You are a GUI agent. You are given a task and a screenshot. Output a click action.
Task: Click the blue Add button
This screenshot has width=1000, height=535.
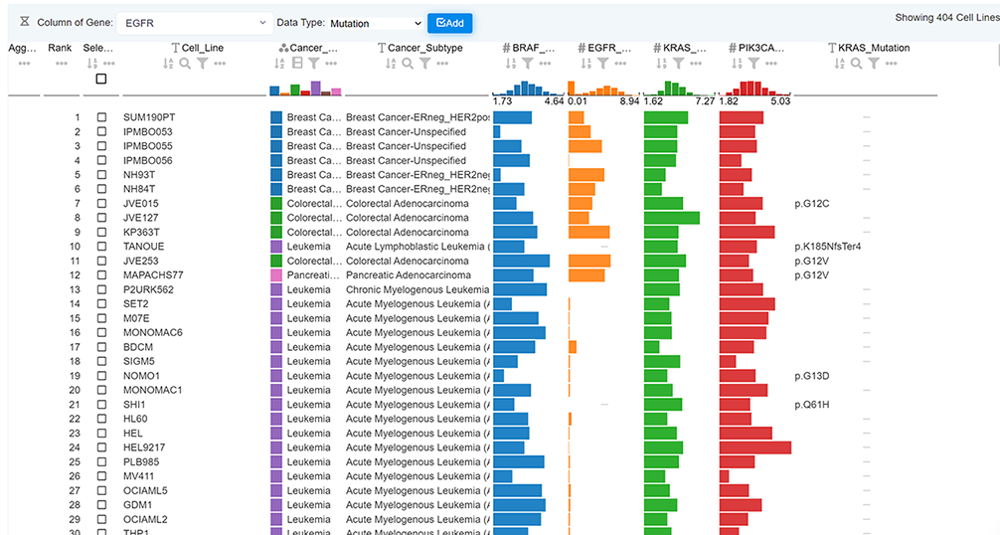(449, 22)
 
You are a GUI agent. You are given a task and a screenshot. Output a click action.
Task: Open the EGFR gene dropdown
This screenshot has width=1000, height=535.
(193, 22)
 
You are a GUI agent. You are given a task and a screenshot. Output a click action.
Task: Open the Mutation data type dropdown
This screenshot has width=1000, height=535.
(375, 23)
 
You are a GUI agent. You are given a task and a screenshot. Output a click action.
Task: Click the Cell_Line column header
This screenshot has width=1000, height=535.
(201, 48)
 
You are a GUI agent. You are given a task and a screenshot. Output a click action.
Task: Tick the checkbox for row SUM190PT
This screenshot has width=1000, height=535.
(101, 117)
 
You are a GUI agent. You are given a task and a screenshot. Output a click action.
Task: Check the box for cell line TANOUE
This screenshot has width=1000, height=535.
(101, 247)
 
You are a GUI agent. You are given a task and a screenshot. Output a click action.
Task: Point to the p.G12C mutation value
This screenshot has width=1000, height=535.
(812, 204)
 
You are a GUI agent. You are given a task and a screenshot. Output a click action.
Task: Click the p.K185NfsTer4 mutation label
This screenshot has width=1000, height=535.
(827, 247)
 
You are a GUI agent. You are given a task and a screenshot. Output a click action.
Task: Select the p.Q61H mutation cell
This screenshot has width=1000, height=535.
(812, 405)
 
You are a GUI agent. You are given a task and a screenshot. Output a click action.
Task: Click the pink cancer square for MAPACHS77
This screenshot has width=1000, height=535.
(276, 274)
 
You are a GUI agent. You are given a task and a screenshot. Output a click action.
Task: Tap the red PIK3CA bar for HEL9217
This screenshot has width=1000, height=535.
(754, 447)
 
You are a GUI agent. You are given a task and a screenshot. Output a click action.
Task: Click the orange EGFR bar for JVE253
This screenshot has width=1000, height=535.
(588, 261)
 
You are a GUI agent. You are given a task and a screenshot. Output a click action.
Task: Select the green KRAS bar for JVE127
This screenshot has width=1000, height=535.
(671, 218)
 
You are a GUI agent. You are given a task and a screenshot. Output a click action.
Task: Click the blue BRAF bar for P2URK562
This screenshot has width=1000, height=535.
(519, 289)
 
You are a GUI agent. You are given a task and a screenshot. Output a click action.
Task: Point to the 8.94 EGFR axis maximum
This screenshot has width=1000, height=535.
(628, 101)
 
